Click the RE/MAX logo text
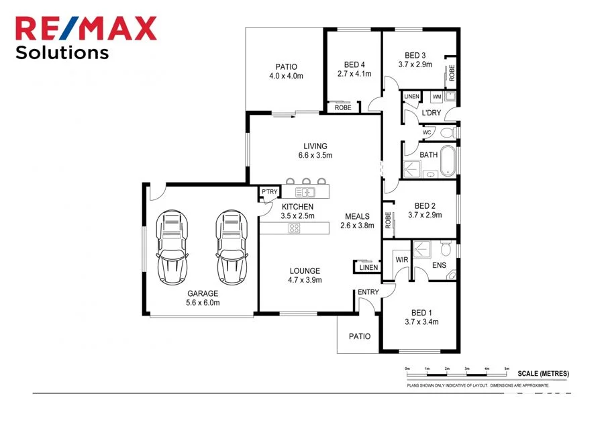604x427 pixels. (x=86, y=28)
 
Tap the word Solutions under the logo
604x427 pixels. (x=62, y=52)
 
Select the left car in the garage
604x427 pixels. (x=172, y=246)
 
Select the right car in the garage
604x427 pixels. (x=231, y=246)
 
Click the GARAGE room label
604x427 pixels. (x=203, y=293)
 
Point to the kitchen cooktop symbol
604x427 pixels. (x=294, y=228)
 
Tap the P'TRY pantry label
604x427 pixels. (x=270, y=193)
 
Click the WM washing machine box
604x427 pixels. (x=437, y=97)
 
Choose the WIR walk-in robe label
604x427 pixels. (x=402, y=259)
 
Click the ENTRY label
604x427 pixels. (x=368, y=292)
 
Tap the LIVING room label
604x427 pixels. (x=315, y=146)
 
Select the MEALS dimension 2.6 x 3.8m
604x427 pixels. (x=357, y=226)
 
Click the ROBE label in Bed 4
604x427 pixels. (x=343, y=107)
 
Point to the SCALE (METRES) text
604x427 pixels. (x=544, y=373)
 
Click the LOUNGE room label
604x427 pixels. (x=305, y=271)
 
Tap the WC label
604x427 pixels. (x=426, y=133)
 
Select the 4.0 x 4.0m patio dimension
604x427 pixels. (x=286, y=76)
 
